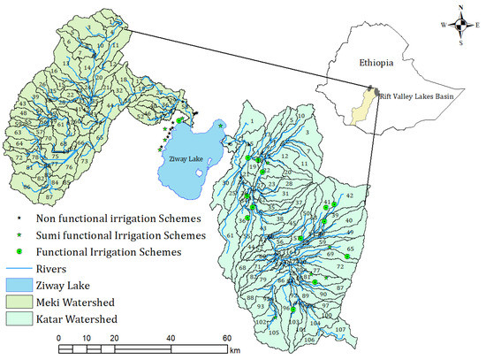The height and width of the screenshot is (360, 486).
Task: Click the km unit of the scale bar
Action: click(x=234, y=352)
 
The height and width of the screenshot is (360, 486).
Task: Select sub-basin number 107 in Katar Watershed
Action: click(x=339, y=330)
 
